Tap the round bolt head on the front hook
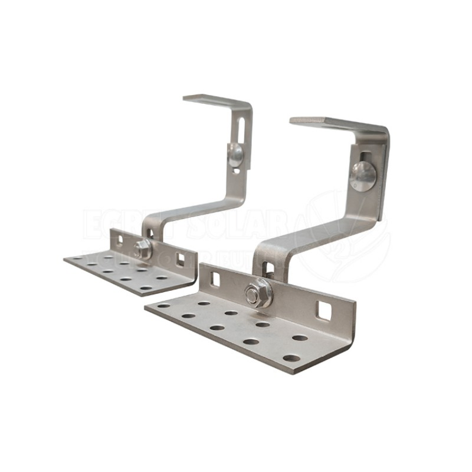[362, 175]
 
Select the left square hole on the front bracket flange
[215, 280]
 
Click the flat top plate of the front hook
[330, 123]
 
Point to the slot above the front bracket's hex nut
[268, 269]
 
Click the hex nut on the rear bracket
[141, 249]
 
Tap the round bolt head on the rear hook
[235, 154]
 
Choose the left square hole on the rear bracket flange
[120, 240]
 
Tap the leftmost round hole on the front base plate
[163, 305]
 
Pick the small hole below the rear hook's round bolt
[237, 171]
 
